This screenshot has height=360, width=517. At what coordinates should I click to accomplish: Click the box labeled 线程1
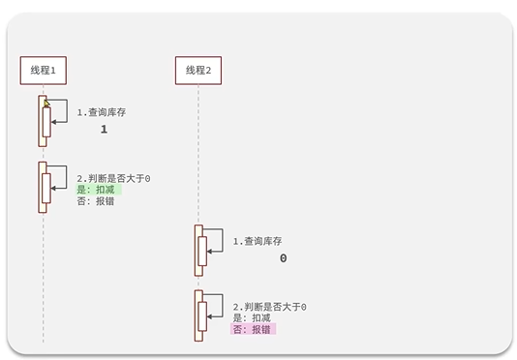(43, 70)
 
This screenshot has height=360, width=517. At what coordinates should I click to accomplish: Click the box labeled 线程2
(198, 70)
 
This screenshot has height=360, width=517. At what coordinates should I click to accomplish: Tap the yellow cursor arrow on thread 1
(45, 102)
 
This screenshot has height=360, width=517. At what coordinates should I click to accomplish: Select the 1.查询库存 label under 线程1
(102, 112)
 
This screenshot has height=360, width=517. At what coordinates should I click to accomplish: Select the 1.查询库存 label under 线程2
(258, 241)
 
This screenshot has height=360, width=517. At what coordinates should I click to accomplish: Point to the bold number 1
(104, 130)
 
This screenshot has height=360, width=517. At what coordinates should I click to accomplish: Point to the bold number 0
(284, 258)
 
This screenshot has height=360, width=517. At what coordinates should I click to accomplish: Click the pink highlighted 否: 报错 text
(253, 329)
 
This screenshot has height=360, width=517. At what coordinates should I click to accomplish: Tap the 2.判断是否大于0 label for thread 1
(113, 178)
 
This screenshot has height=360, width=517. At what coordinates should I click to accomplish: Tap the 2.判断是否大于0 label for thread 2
(269, 306)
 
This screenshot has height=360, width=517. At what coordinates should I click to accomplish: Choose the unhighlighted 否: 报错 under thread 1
(96, 201)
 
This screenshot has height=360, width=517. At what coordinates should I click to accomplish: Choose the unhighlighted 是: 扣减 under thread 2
(252, 317)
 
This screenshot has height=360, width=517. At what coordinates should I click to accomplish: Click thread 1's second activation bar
(43, 186)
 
